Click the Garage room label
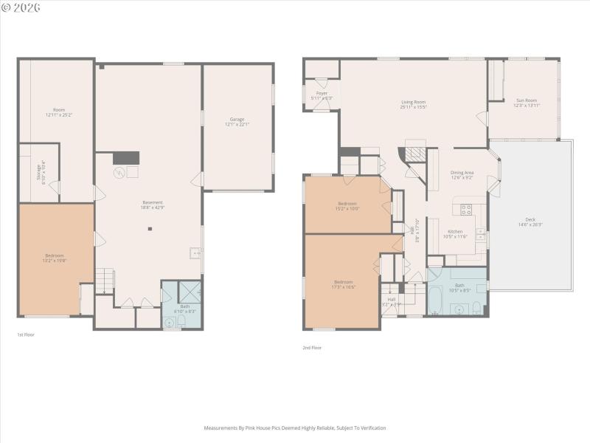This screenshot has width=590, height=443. [237, 119]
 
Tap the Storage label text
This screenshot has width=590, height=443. [39, 171]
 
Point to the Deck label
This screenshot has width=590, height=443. [530, 219]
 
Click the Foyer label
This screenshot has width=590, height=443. [322, 93]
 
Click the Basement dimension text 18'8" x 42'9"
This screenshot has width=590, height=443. [153, 208]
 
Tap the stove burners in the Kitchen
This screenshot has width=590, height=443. [466, 209]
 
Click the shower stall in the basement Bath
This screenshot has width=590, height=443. [189, 290]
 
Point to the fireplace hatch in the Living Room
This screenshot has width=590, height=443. [417, 154]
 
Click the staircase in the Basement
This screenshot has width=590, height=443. [104, 281]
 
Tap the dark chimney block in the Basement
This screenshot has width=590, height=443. [125, 157]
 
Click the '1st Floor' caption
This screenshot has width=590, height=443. [26, 334]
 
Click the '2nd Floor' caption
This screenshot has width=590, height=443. [312, 348]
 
